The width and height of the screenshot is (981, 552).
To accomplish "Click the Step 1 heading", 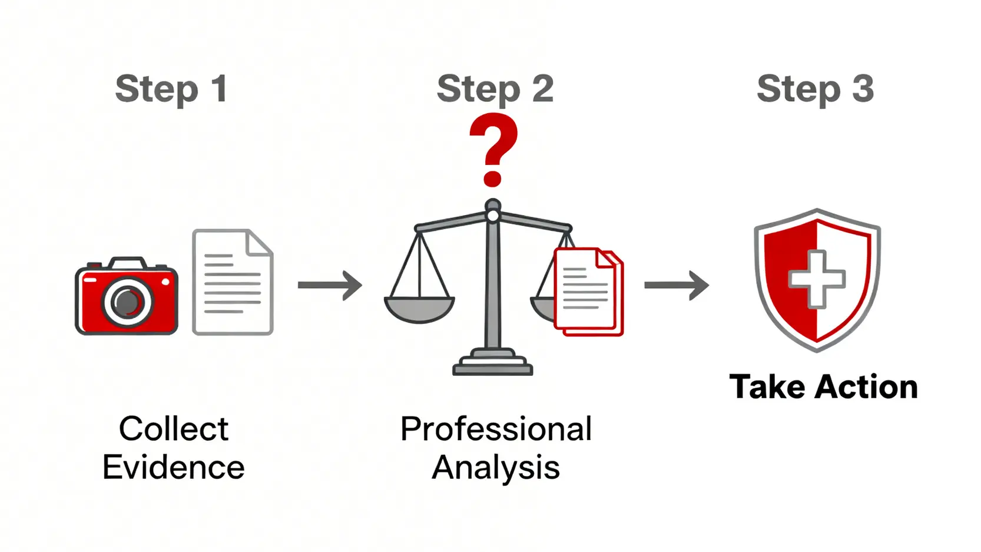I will coord(171,89).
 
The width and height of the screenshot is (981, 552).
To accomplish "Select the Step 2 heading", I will coord(495,89).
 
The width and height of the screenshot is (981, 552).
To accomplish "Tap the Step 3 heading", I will coord(815,89).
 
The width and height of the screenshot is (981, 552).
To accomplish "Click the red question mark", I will coord(493,150).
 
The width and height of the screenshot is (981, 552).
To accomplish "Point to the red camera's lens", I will coord(127,302).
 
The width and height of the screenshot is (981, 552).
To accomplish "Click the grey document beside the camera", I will coord(232,283).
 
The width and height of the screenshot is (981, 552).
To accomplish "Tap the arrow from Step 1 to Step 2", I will coord(330,285).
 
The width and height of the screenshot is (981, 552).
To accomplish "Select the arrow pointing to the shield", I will coord(677,285).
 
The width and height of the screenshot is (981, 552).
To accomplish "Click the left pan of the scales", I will coord(419,309).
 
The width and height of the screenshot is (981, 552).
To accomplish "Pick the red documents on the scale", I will coord(588,292).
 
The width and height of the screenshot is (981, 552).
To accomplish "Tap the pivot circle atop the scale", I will coord(493,216).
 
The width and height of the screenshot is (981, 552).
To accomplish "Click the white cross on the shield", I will coord(817,279).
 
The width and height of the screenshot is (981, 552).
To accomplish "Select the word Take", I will coord(767,387).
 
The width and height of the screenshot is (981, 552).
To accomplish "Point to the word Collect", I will coord(174,428).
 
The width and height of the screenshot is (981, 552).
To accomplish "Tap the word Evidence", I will coord(174,468).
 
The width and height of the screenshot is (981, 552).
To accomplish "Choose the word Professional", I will coord(496,428).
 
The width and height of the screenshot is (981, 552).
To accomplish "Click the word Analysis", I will coord(496,468).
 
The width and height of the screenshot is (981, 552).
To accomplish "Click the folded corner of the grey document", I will coord(260,242).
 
